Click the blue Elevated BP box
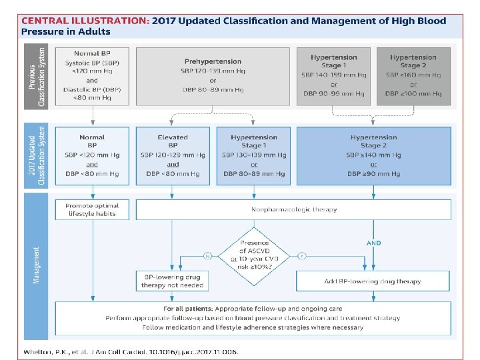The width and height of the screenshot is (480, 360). (x=173, y=155)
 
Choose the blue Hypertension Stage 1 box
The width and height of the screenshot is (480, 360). (x=253, y=155)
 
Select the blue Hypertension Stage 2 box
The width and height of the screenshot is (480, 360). (x=373, y=155)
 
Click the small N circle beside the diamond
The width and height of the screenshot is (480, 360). (x=207, y=255)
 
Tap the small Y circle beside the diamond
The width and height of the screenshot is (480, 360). (x=302, y=255)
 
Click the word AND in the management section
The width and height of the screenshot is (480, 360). (x=374, y=243)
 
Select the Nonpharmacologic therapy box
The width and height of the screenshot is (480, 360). (x=294, y=209)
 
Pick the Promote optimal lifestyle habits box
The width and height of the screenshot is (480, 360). (x=91, y=209)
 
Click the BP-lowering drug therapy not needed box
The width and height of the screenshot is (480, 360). (x=173, y=281)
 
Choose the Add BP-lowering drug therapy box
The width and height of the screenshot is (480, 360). (x=373, y=281)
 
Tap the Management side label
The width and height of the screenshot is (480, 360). (x=36, y=265)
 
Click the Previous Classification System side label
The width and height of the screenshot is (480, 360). (x=36, y=76)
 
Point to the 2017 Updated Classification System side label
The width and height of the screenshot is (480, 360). (x=36, y=155)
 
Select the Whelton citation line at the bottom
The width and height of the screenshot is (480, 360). (x=129, y=351)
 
